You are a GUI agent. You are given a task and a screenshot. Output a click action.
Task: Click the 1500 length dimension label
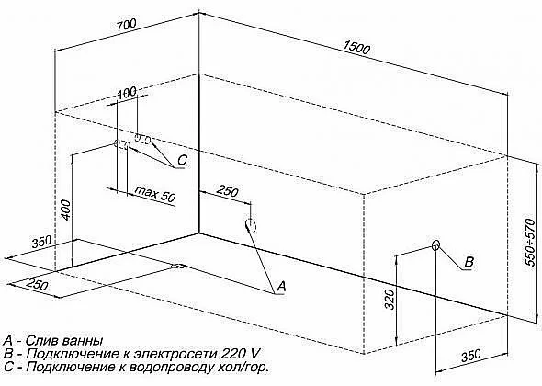356,48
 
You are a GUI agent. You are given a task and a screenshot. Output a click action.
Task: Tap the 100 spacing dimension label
127,93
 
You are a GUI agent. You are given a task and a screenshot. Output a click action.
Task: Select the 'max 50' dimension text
155,194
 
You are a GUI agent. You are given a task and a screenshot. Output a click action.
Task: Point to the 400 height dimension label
66,209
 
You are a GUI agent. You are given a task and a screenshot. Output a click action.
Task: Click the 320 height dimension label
390,299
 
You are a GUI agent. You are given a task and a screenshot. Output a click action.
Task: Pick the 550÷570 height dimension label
530,242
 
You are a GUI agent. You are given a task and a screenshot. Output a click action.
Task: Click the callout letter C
182,160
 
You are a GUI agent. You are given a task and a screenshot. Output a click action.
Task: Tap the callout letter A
281,286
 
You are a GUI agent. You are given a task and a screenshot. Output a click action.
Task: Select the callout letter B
469,262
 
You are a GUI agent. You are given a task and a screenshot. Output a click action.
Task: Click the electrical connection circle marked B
435,244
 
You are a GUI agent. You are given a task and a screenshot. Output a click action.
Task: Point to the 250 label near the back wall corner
227,190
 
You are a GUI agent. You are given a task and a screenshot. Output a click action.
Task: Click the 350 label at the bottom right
471,356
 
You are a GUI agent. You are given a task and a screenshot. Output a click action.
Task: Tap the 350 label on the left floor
41,242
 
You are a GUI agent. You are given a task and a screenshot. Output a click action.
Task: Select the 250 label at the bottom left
38,285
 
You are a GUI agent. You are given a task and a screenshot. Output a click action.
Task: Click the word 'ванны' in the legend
84,340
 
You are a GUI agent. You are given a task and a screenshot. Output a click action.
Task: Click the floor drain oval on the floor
179,266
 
